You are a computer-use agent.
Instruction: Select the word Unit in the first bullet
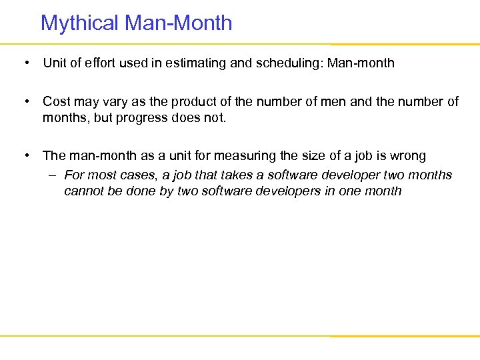point(54,63)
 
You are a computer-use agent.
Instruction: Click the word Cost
point(56,101)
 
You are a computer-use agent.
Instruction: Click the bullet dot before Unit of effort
point(25,63)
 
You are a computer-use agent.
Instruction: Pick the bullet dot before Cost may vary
point(25,101)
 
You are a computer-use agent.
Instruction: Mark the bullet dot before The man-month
point(25,155)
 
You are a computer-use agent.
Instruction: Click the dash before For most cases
point(53,175)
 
